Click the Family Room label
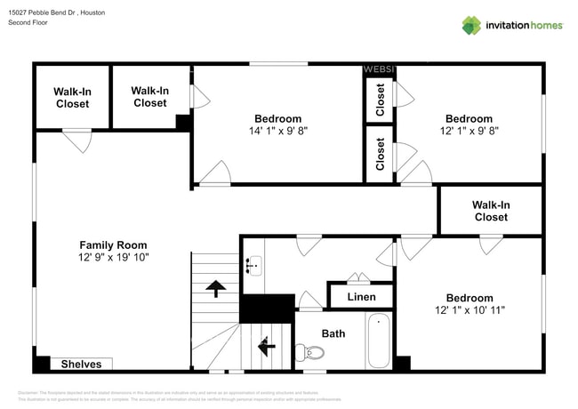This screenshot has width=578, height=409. tap(113, 245)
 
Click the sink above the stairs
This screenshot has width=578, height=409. tap(253, 264)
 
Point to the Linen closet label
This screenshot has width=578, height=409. tap(361, 297)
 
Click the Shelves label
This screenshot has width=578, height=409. tap(81, 364)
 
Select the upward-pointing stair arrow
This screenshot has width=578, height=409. tap(214, 287)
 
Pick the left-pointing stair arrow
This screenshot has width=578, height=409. tap(267, 344)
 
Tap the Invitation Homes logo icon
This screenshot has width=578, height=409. tap(471, 25)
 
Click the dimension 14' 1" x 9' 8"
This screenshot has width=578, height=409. tap(277, 131)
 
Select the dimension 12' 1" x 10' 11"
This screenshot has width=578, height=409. tap(469, 310)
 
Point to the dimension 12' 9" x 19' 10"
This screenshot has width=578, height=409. tap(113, 258)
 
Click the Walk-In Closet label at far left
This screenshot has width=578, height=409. tap(72, 98)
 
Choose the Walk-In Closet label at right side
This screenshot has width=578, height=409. tap(491, 211)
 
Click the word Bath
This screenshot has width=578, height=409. tap(333, 333)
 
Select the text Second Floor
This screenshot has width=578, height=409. tap(28, 22)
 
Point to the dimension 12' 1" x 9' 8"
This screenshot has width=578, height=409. tap(469, 131)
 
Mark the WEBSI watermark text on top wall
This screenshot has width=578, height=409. tap(379, 69)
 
